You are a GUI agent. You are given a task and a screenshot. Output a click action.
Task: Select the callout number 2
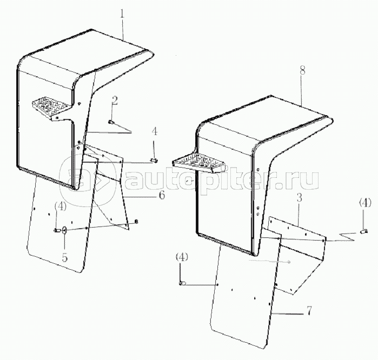click(x=115, y=101)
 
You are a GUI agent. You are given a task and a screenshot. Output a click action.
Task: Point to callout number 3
click(x=299, y=198)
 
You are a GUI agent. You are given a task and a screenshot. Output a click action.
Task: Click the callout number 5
click(x=64, y=257)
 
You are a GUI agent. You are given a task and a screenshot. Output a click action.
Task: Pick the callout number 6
click(x=162, y=195)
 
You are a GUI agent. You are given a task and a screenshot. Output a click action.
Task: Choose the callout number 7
click(x=309, y=311)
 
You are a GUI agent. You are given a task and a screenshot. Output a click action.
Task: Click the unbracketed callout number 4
click(x=155, y=131)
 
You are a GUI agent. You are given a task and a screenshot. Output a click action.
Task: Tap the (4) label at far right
click(x=365, y=203)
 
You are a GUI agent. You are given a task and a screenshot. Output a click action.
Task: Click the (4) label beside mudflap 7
click(x=182, y=257)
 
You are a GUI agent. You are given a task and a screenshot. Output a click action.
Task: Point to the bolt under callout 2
click(x=111, y=122)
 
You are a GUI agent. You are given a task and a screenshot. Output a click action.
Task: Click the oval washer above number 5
click(x=64, y=230)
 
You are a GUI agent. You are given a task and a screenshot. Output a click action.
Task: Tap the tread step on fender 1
click(x=52, y=106)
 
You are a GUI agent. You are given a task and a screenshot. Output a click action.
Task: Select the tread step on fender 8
click(x=200, y=163)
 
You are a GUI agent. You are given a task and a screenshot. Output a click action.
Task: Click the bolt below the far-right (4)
click(x=364, y=232)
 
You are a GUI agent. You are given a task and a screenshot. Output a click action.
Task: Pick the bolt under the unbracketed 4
click(x=154, y=160)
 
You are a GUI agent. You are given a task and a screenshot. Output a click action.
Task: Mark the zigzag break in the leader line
click(x=347, y=237)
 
